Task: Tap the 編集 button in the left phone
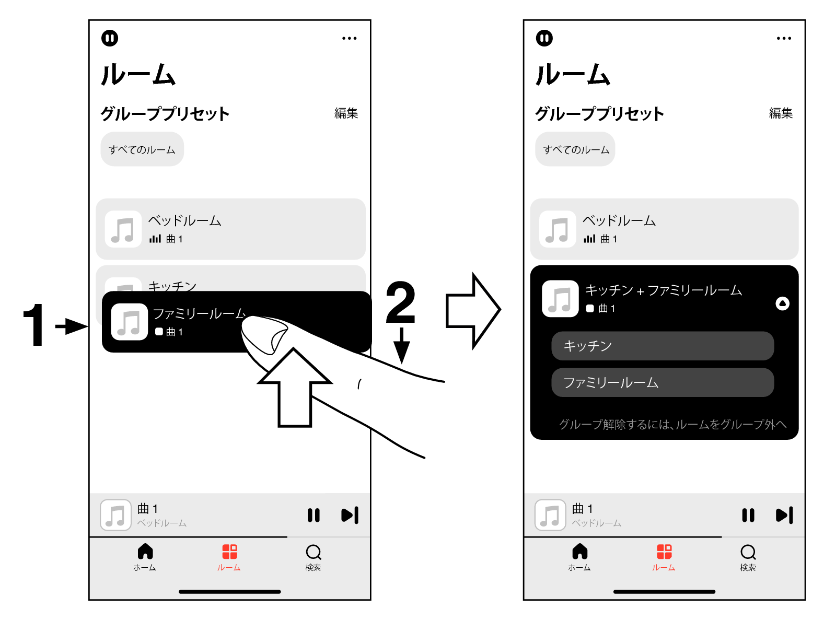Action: tap(346, 113)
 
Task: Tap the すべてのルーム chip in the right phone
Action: tap(575, 149)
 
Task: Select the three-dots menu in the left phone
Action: tap(349, 38)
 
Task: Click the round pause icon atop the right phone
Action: tap(544, 38)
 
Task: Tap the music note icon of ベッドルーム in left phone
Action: tap(123, 229)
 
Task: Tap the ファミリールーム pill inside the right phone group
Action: tap(662, 382)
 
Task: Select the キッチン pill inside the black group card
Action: tap(662, 346)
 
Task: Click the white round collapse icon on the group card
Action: tap(782, 303)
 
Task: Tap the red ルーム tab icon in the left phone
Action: tap(229, 552)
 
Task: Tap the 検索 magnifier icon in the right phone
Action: tap(748, 552)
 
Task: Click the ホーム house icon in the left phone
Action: tap(145, 552)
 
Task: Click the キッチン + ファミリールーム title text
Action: tap(663, 290)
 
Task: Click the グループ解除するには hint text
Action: tap(672, 424)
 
